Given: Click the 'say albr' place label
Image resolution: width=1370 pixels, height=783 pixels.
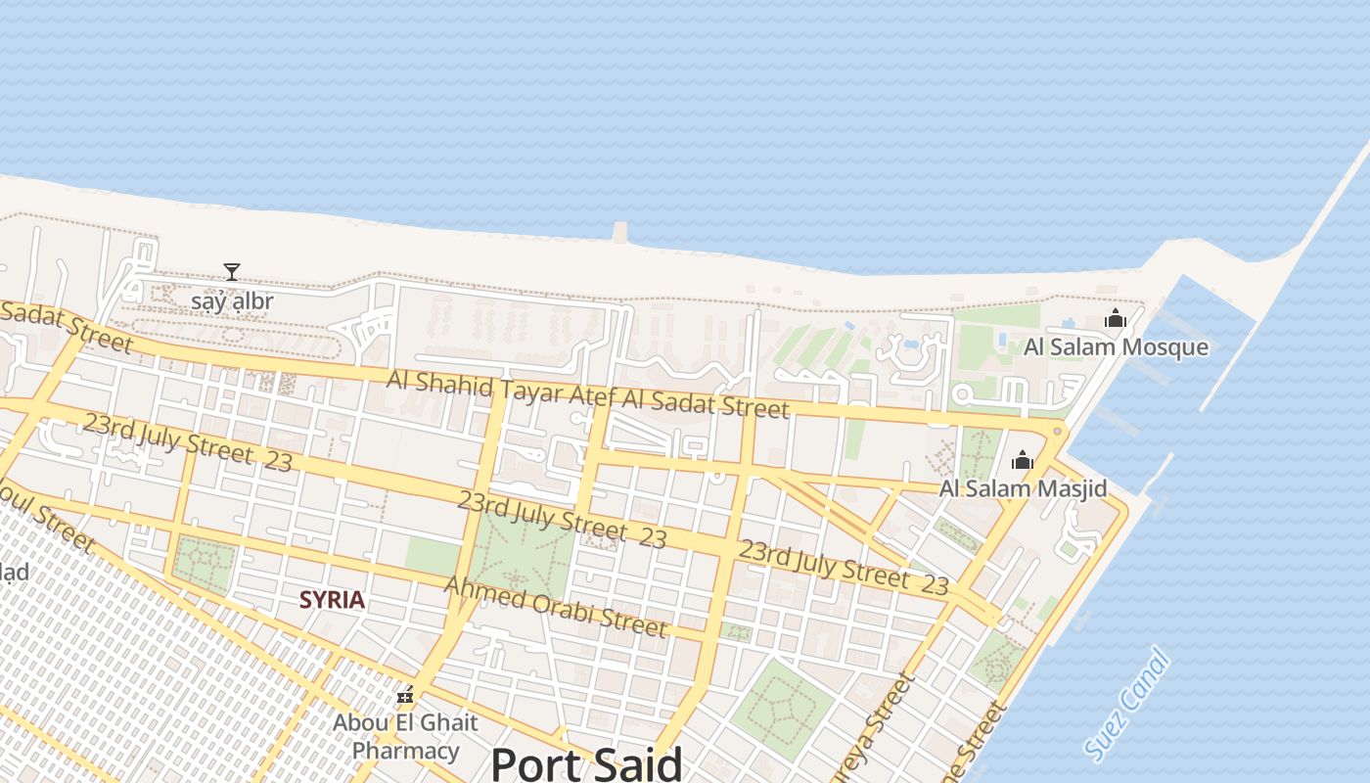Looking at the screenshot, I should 232,300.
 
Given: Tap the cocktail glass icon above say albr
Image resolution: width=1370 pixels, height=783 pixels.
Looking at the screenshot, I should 232,271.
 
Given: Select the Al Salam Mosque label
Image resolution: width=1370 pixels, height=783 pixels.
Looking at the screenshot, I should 1116,347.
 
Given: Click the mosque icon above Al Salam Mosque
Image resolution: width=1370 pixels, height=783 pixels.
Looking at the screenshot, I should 1115,318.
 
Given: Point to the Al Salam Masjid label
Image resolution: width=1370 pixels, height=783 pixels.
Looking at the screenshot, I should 1023,488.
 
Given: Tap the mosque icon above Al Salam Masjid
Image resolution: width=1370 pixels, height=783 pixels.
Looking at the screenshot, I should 1023,459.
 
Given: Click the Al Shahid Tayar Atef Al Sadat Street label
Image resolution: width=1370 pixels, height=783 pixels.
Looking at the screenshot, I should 587,394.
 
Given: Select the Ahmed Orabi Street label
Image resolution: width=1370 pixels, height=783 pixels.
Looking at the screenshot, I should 556,607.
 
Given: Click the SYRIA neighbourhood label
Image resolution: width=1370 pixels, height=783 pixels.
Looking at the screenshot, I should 332,600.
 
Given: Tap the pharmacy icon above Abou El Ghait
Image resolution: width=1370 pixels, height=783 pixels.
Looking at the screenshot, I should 405,696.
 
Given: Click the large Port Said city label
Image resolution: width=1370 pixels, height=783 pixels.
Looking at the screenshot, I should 586,762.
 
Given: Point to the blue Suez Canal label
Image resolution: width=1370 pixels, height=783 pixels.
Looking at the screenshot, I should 1127,703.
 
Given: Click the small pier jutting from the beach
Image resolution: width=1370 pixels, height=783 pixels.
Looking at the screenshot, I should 619,232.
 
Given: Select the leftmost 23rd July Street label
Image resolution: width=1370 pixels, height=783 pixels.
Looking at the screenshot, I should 187,442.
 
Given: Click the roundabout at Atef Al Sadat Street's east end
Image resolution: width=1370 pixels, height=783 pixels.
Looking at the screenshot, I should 1057,431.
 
